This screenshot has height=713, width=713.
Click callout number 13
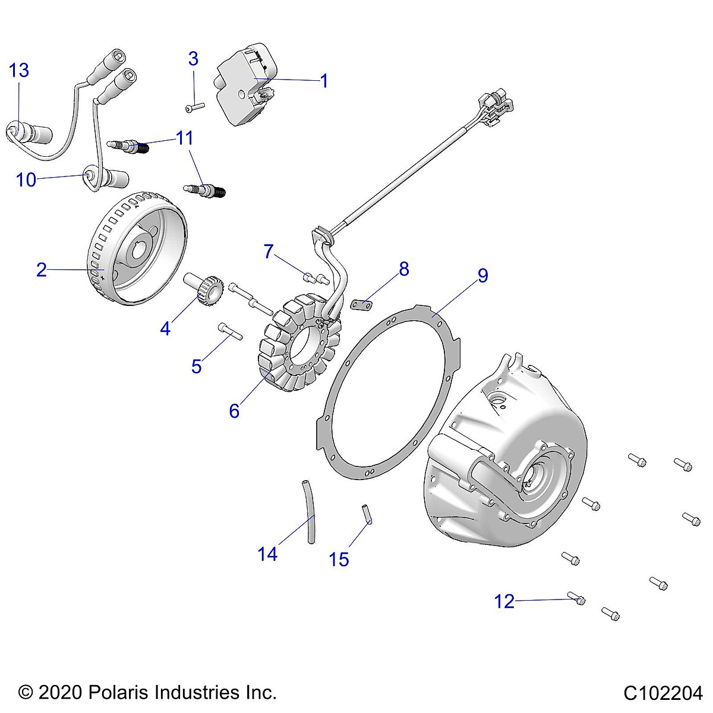(19, 70)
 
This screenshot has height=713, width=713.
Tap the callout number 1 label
(324, 81)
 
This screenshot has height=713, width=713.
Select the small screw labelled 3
(195, 108)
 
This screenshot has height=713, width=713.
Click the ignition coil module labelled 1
(246, 84)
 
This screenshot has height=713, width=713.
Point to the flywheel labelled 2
(137, 248)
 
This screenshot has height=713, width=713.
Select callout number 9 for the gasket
(483, 275)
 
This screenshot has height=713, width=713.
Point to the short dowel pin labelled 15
(367, 514)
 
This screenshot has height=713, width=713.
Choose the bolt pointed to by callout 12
(576, 598)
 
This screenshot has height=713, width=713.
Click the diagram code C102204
(663, 693)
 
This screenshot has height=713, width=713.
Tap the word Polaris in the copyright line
(118, 692)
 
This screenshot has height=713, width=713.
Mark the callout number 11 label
(184, 138)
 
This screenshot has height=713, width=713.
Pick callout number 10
(26, 180)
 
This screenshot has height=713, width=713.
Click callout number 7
(269, 251)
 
